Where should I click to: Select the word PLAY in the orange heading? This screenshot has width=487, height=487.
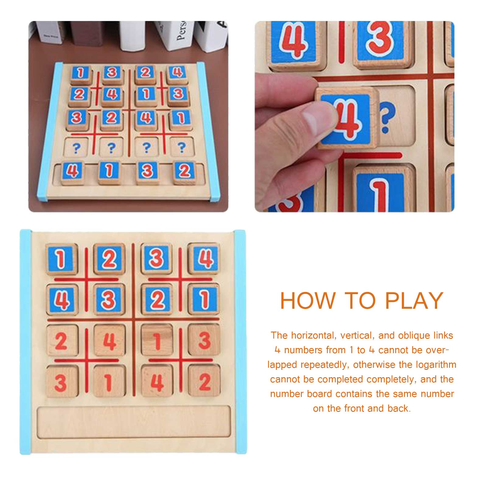pos(414,301)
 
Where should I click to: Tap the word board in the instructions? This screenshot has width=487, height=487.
pos(318,394)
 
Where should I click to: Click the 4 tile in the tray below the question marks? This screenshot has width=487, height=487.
pos(72,172)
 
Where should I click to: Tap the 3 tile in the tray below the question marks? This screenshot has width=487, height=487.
pos(148,172)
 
